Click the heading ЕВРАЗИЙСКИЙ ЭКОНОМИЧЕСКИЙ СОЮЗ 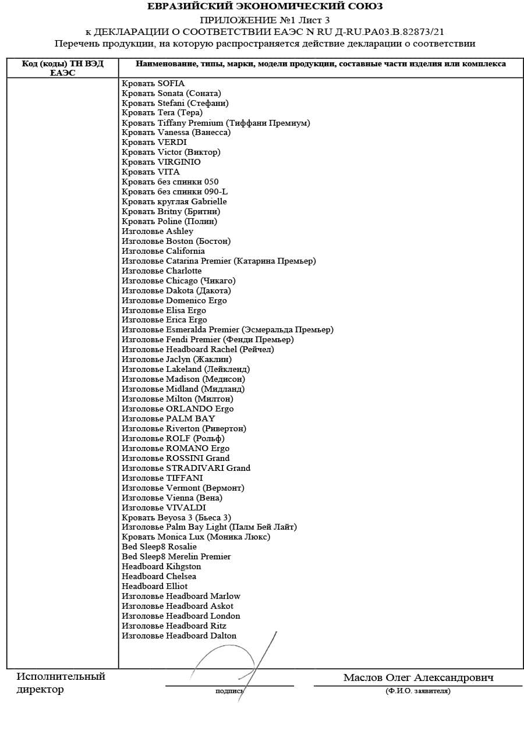click(265, 6)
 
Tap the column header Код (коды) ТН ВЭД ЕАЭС click(62, 68)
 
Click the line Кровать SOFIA click(153, 83)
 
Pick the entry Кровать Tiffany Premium click(215, 123)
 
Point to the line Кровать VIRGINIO click(161, 162)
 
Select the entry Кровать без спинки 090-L click(175, 191)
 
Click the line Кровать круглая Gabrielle click(174, 201)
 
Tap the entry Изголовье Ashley click(157, 231)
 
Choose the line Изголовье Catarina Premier click(218, 261)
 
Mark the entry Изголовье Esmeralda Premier click(227, 329)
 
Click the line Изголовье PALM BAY click(168, 418)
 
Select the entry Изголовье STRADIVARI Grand click(186, 468)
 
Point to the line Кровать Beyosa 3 click(176, 517)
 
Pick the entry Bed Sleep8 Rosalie click(159, 547)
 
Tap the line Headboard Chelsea click(159, 576)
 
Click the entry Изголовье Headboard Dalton click(179, 636)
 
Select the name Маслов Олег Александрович click(418, 677)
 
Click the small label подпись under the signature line click(229, 691)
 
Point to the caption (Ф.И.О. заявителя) click(417, 691)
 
